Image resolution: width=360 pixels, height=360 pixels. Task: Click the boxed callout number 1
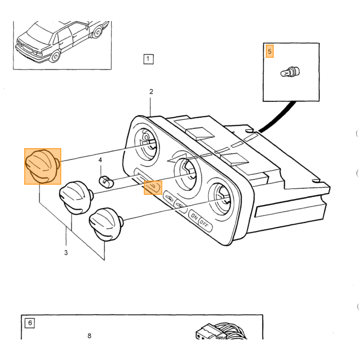coord(148,59)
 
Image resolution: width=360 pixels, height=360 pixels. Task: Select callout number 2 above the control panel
coord(151,92)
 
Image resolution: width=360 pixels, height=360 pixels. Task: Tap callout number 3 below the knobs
coord(66,253)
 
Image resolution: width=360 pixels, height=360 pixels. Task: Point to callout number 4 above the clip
coord(100,160)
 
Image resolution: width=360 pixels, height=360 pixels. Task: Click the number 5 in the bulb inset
coord(269,51)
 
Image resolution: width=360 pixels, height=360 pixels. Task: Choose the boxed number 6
coord(30,323)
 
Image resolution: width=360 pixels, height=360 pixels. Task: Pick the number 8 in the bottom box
coord(89,336)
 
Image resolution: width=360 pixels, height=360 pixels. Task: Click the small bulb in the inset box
coord(290,72)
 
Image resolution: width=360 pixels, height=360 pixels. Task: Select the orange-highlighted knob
coord(43,166)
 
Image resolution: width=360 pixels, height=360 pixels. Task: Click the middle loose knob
coord(76,197)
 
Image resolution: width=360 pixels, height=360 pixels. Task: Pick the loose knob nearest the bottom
coord(105,224)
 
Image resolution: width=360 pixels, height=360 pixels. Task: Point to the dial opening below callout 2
coord(147,145)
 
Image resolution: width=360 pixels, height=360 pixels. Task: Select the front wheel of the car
coord(55,56)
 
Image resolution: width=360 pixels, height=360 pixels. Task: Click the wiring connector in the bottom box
coord(221,332)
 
